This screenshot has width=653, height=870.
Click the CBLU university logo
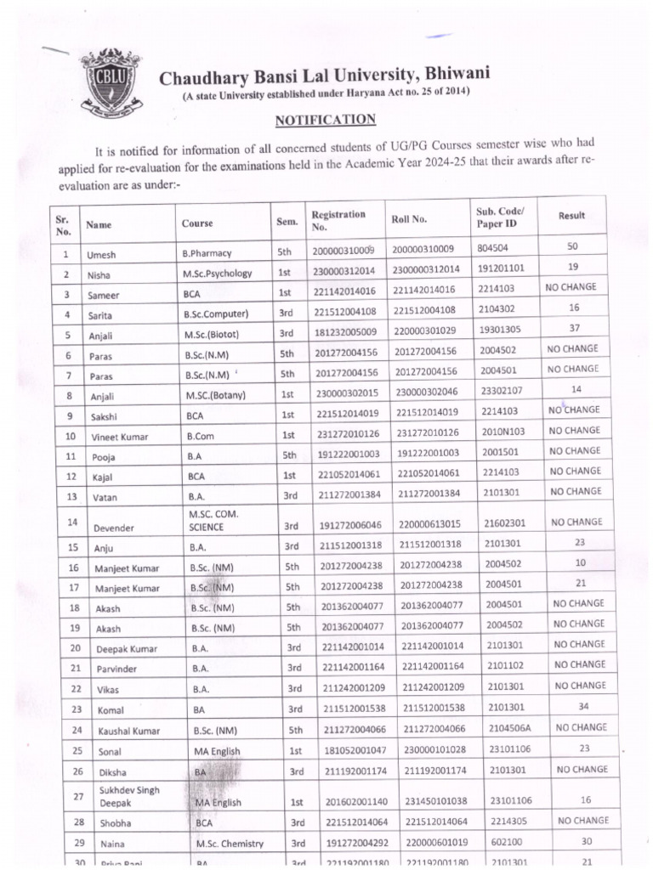[110, 83]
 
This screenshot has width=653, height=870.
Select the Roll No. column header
[410, 219]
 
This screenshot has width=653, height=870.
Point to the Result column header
[571, 216]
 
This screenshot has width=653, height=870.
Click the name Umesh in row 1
[100, 253]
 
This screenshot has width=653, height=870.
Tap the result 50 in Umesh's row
[571, 246]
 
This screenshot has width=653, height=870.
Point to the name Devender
[109, 528]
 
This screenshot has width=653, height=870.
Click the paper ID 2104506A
[509, 728]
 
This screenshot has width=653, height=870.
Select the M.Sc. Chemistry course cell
[229, 845]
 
